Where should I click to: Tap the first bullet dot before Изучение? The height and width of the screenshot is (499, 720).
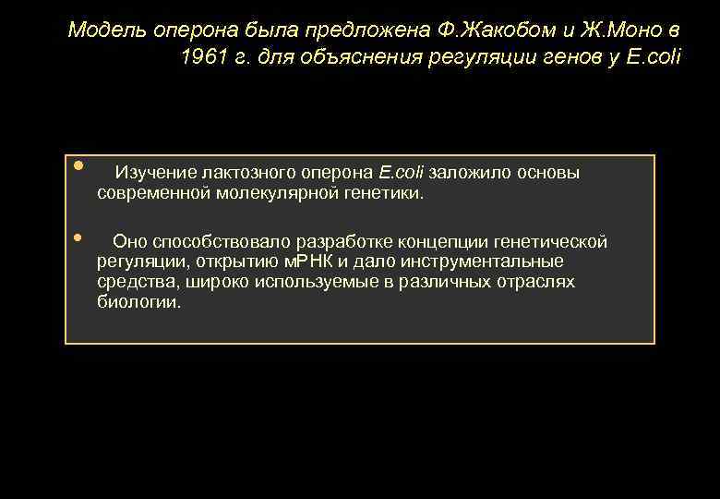[x=79, y=166]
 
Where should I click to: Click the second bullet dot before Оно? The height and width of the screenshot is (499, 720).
[x=79, y=237]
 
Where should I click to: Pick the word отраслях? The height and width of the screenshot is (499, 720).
[x=538, y=282]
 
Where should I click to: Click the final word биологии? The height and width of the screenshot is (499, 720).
[x=138, y=302]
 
